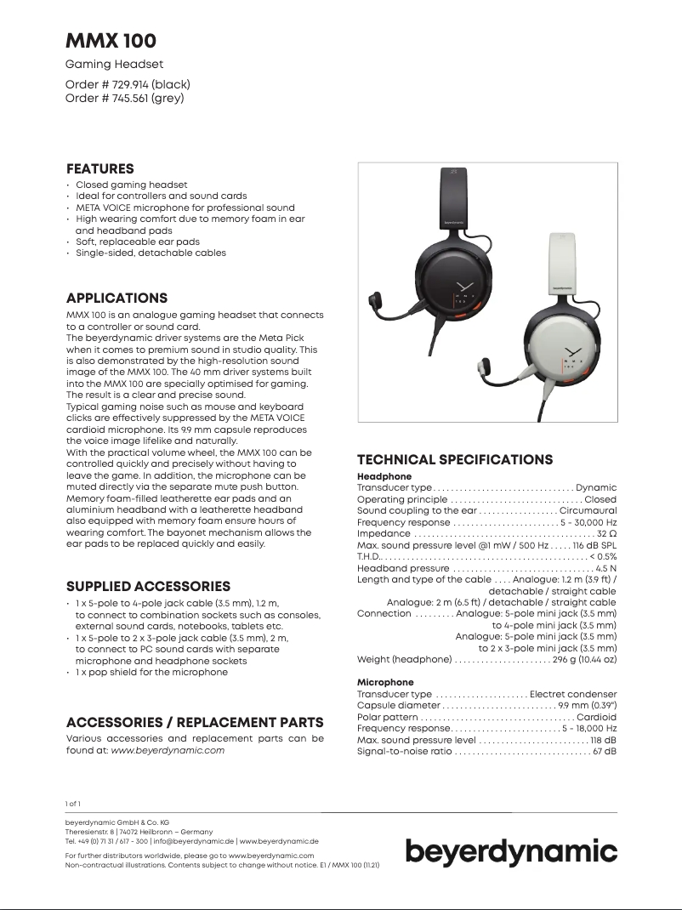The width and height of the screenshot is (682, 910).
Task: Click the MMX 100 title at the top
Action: coord(111,41)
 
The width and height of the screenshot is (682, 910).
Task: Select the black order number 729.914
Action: coord(128,84)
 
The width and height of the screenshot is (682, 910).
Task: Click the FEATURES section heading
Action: coord(99,168)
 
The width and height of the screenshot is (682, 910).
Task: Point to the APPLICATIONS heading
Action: coord(117,298)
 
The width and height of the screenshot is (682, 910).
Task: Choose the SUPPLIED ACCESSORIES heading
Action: coord(148,586)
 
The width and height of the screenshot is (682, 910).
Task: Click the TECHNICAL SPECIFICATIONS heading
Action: coord(455,459)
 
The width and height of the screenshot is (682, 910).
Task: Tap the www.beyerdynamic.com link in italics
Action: coord(168,750)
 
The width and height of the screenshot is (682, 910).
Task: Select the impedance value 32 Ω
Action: coord(606,533)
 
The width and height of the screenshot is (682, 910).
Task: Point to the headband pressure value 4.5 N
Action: coord(606,567)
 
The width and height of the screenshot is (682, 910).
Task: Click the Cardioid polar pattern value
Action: coord(596,717)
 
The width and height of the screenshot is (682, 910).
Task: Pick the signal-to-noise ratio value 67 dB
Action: coord(605,751)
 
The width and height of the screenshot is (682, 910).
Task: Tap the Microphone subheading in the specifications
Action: coord(385,682)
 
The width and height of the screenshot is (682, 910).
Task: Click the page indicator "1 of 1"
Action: coord(73,804)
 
